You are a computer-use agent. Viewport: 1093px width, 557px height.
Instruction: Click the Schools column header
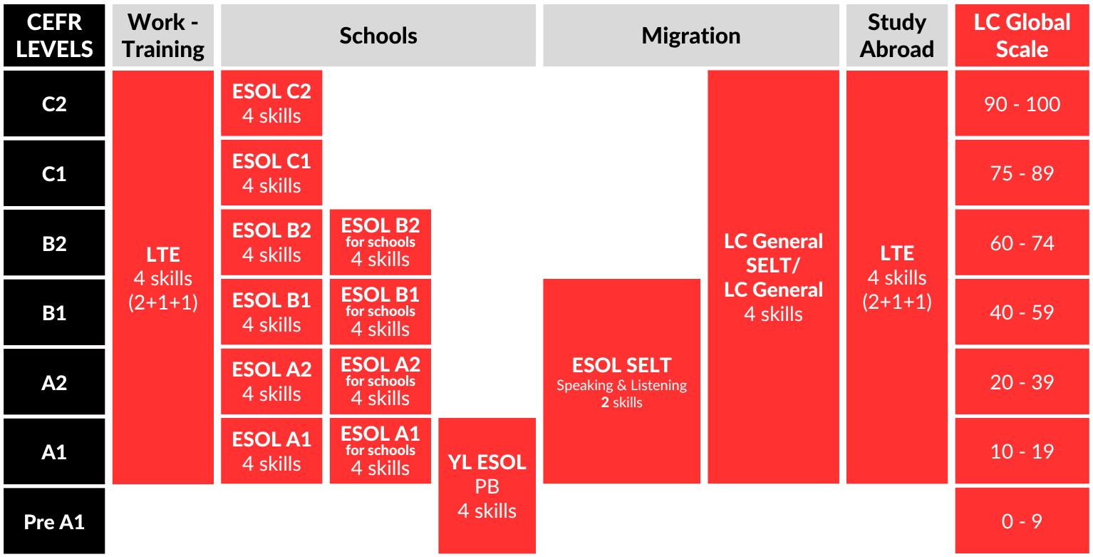[x=378, y=36]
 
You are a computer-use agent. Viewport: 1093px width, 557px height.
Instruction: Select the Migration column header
[x=690, y=36]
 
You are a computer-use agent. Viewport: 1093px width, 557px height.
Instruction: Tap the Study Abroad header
[x=896, y=36]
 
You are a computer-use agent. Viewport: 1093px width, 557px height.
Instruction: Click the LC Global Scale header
[x=1022, y=36]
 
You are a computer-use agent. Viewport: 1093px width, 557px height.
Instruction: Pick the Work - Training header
[x=163, y=36]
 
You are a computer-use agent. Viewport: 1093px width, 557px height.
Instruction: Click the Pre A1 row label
[x=54, y=521]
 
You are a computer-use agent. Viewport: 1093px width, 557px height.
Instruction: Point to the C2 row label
[x=54, y=104]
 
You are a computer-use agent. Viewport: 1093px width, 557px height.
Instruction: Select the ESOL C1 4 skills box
[x=271, y=173]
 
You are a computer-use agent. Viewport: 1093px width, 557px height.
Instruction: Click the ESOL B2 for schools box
[x=380, y=242]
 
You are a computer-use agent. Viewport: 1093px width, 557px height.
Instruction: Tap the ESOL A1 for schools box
[x=380, y=451]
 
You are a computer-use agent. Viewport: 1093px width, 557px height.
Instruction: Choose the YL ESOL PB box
[x=487, y=486]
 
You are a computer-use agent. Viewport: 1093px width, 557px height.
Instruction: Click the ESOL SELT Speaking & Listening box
[x=621, y=382]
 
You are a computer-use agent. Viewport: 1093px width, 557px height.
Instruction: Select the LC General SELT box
[x=773, y=277]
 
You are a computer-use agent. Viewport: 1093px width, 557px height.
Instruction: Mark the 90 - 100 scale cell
[x=1022, y=104]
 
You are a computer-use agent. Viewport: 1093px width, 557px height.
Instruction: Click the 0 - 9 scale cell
[x=1022, y=521]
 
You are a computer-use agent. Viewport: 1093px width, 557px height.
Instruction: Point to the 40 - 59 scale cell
[x=1022, y=312]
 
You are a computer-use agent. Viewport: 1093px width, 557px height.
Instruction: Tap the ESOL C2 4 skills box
[x=271, y=103]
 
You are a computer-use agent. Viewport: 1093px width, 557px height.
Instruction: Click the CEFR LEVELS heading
[x=54, y=36]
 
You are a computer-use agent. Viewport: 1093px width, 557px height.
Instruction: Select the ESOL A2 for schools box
[x=380, y=382]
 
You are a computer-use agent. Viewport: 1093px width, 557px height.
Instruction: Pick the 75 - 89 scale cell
[x=1022, y=173]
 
